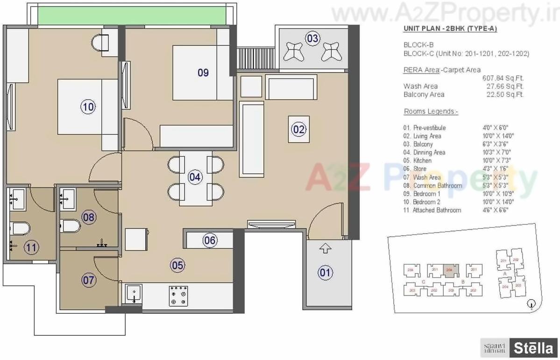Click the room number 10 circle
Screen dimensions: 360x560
coord(88,107)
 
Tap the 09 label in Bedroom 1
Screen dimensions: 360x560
coord(203,73)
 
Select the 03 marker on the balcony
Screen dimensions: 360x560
coord(313,38)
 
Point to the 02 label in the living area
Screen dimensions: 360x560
coord(298,129)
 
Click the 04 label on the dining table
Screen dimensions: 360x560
coord(195,177)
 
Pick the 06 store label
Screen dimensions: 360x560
coord(210,240)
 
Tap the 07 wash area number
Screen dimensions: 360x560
coord(89,281)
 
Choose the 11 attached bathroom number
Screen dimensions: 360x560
coord(32,247)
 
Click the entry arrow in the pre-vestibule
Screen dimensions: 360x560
coord(326,249)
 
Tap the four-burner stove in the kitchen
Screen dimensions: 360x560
coord(178,296)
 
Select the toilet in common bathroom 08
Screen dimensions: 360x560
coord(71,227)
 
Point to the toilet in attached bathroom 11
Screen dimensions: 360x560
coord(20,229)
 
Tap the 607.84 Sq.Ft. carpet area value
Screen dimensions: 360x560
coord(503,78)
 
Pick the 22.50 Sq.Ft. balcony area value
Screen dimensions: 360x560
coord(504,94)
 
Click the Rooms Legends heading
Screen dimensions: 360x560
coord(431,112)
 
